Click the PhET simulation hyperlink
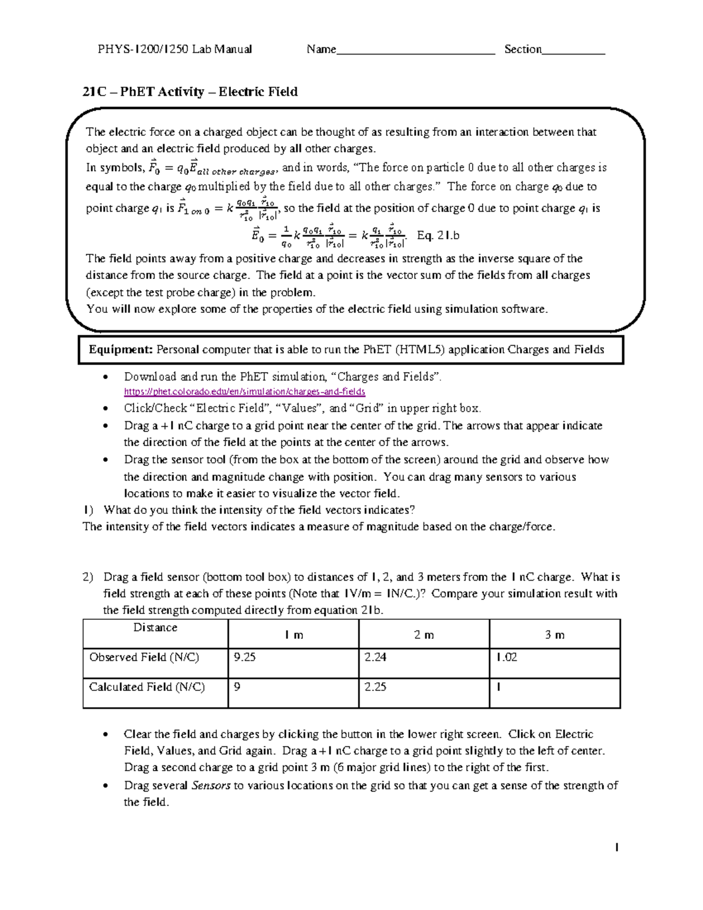click(x=244, y=391)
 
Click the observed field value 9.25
click(x=244, y=657)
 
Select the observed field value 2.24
click(x=375, y=657)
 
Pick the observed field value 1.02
click(x=506, y=657)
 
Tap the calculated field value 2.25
click(x=375, y=687)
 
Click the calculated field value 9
click(x=237, y=687)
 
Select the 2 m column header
click(x=424, y=635)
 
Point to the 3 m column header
click(x=555, y=635)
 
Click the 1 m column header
click(x=294, y=635)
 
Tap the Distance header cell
click(x=155, y=628)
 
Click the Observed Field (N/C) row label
click(x=144, y=657)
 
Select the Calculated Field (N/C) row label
click(x=147, y=687)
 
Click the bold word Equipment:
click(x=121, y=350)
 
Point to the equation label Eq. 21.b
click(x=438, y=236)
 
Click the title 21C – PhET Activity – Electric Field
click(x=190, y=91)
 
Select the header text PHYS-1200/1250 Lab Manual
click(x=175, y=49)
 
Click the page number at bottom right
click(x=617, y=847)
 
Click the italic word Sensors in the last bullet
click(x=211, y=785)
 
